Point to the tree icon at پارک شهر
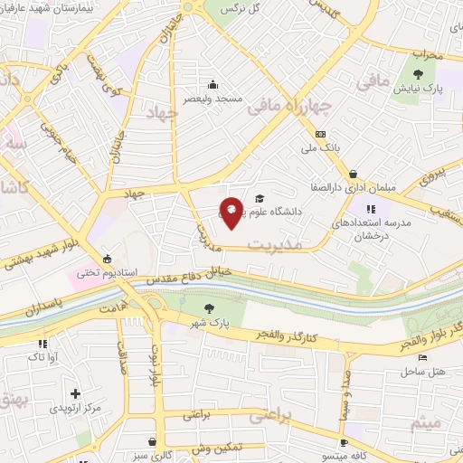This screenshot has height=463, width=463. (x=210, y=308)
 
